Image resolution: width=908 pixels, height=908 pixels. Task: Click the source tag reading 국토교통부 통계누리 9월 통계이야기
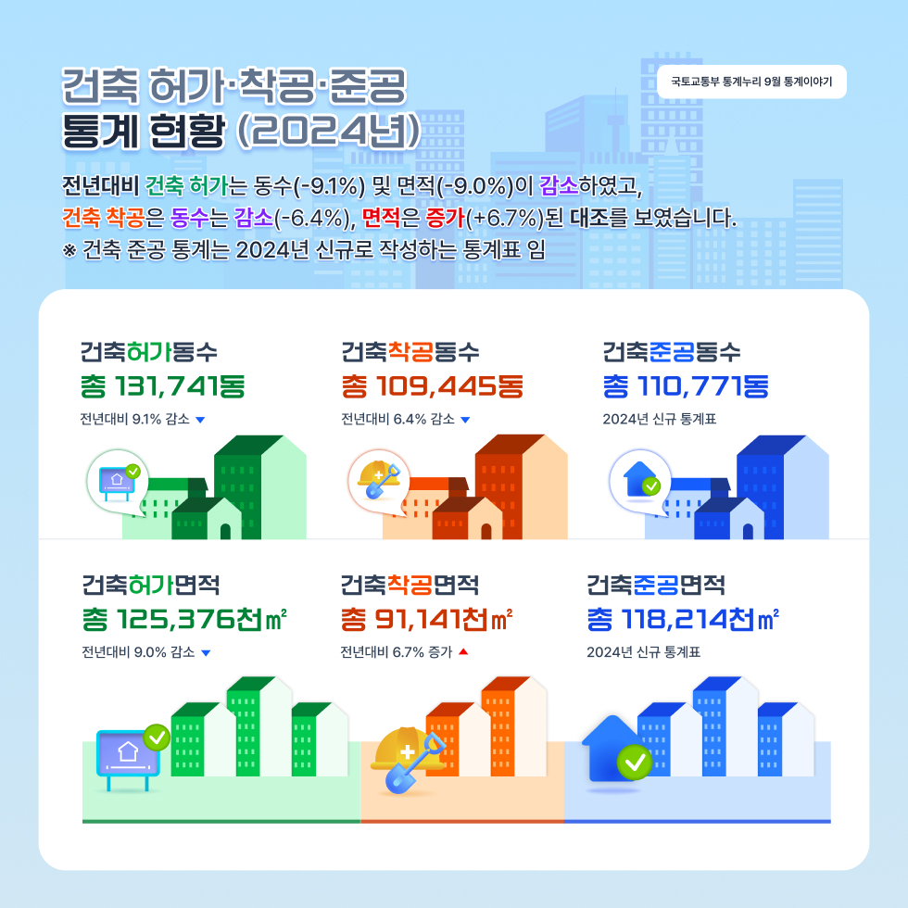751,82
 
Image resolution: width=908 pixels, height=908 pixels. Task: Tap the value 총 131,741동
162,385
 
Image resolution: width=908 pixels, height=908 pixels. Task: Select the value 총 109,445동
433,385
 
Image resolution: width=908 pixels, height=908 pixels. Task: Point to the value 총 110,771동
686,385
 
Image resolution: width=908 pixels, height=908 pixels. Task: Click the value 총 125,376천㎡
183,619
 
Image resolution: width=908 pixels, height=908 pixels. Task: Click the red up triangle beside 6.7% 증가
463,651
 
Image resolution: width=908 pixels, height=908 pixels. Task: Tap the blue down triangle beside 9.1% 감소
200,420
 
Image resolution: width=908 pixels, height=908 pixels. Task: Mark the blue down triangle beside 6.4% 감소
465,420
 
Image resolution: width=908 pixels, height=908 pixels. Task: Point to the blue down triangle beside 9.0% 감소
206,652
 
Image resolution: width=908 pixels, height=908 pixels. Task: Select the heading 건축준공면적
656,586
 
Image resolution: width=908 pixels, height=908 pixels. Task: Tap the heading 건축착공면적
409,586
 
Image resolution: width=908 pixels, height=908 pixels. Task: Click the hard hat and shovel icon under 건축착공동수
378,479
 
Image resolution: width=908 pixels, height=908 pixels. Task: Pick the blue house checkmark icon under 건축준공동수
640,479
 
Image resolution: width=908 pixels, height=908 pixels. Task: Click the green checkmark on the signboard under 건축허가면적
157,738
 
